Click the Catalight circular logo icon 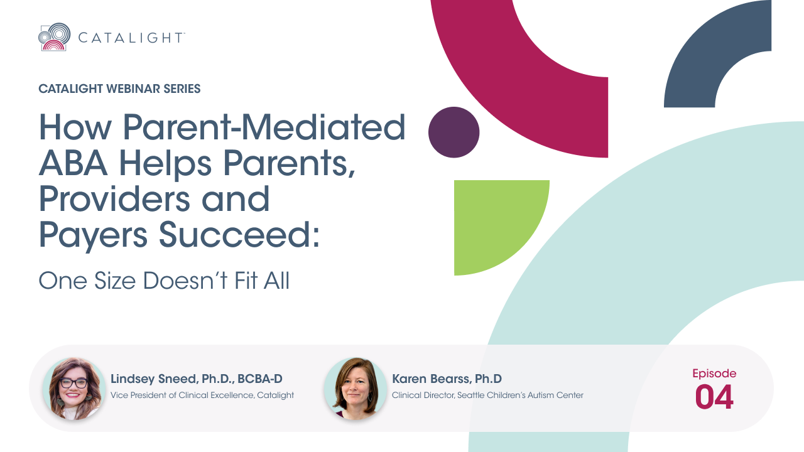(x=54, y=37)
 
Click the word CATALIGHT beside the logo (x=131, y=38)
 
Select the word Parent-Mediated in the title (x=264, y=127)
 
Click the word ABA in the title (x=73, y=163)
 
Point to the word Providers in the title (x=114, y=199)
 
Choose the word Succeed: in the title (x=239, y=235)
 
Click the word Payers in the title (x=93, y=237)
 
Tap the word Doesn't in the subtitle (x=185, y=281)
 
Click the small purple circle (x=454, y=132)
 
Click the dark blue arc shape (x=703, y=57)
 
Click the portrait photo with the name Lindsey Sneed (x=74, y=389)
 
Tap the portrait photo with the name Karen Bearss (x=356, y=389)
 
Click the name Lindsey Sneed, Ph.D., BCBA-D (x=197, y=379)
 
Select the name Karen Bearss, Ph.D (x=447, y=379)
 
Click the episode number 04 (x=714, y=397)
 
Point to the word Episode (x=714, y=374)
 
